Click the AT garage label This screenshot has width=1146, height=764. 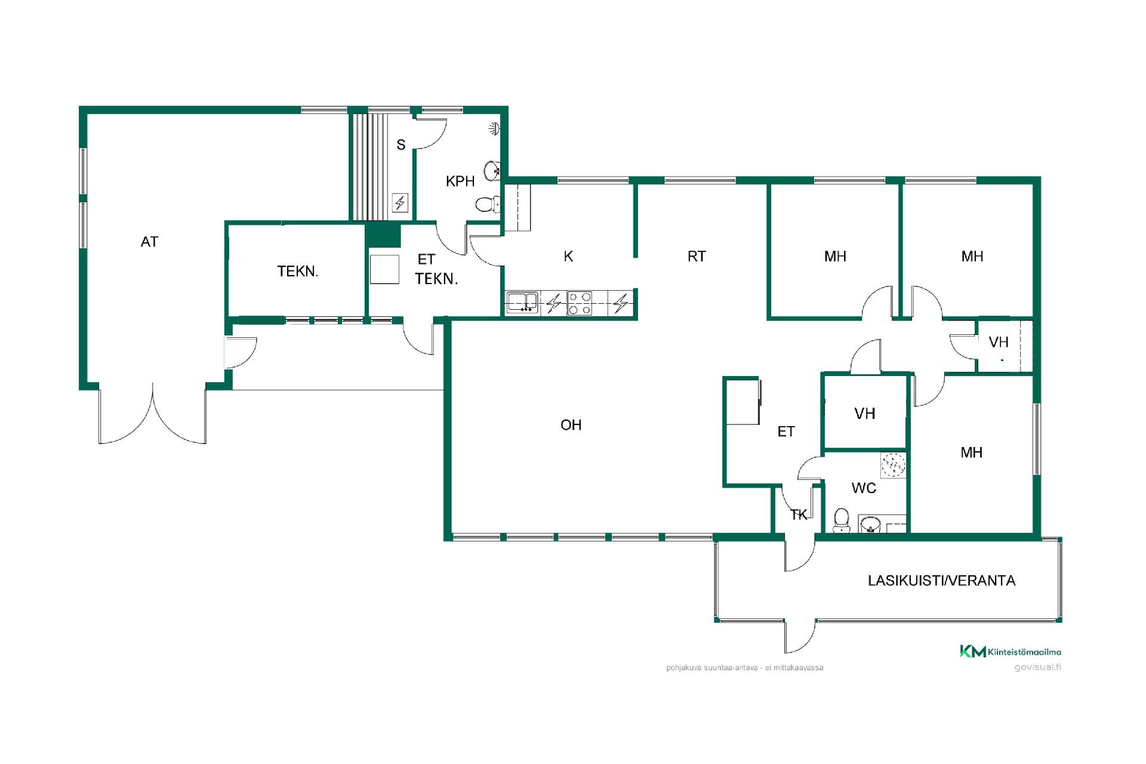coord(149,242)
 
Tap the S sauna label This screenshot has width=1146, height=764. coord(401,144)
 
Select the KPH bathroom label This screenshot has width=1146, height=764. coord(460,181)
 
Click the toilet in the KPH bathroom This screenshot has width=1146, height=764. coord(488,205)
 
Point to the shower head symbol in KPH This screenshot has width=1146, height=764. coord(494,128)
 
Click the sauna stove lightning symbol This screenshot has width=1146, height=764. coord(399,202)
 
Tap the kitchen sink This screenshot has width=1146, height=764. coord(522,303)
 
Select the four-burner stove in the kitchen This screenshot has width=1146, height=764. coord(580,303)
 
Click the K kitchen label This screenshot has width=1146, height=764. coord(568,256)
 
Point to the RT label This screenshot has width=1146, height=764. coord(697,256)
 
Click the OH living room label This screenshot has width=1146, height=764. coord(571,425)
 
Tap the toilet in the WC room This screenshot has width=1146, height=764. coord(842,520)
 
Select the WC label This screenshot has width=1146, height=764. coord(864,488)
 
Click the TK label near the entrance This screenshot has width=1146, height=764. coord(799,515)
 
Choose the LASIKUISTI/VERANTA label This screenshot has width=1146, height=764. coord(941,581)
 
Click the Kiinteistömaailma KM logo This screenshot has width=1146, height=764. coord(1010,651)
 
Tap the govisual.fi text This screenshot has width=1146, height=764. coord(1037,667)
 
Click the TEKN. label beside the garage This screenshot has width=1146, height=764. coord(298,272)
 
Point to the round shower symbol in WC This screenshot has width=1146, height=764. coord(893,464)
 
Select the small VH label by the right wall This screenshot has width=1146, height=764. coord(999,342)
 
